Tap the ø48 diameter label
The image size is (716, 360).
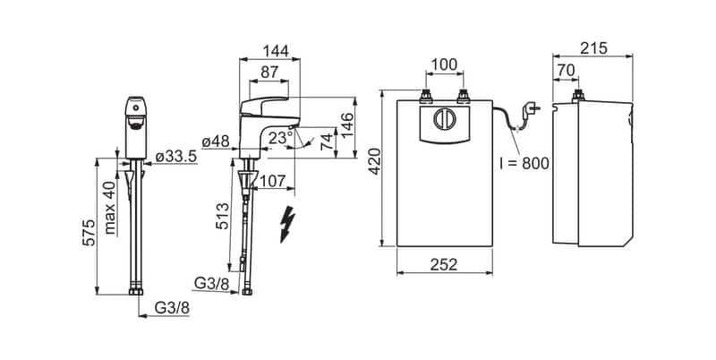click(x=217, y=142)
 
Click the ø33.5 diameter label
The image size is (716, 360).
click(x=175, y=158)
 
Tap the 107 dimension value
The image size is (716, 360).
click(x=276, y=179)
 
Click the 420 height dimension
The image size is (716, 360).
click(x=373, y=168)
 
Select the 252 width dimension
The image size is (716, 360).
click(x=444, y=264)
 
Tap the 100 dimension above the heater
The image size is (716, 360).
click(x=445, y=64)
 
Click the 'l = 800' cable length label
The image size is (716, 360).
click(x=524, y=163)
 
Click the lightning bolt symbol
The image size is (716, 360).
click(x=287, y=224)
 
